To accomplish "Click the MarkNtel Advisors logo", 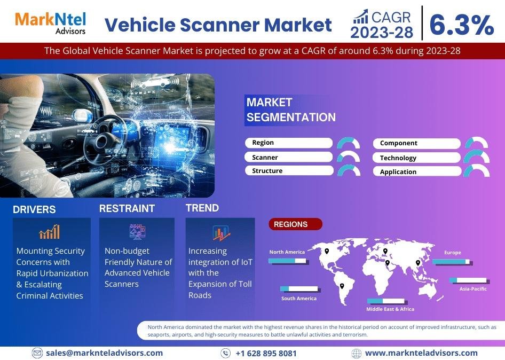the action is (x=51, y=23).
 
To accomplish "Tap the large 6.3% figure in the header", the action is (x=462, y=25).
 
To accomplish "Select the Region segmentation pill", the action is (x=289, y=143).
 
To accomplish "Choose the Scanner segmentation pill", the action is (x=289, y=157).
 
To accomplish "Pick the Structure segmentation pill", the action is (x=289, y=170).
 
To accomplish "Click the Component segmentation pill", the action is (x=417, y=144).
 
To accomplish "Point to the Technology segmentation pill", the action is (x=417, y=158).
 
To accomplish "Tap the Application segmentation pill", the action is (x=417, y=171).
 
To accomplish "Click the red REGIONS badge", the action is (x=295, y=224).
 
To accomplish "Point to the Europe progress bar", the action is (x=452, y=262).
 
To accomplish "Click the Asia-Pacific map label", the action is (x=473, y=289).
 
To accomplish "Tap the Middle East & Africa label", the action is (x=390, y=309).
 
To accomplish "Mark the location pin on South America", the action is (x=342, y=286).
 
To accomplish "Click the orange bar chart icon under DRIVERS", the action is (x=50, y=232).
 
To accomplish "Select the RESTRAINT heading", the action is (x=127, y=208).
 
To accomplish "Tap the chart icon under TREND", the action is (x=221, y=233).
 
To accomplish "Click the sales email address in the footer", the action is (x=104, y=353).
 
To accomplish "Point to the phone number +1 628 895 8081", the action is (x=266, y=354).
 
